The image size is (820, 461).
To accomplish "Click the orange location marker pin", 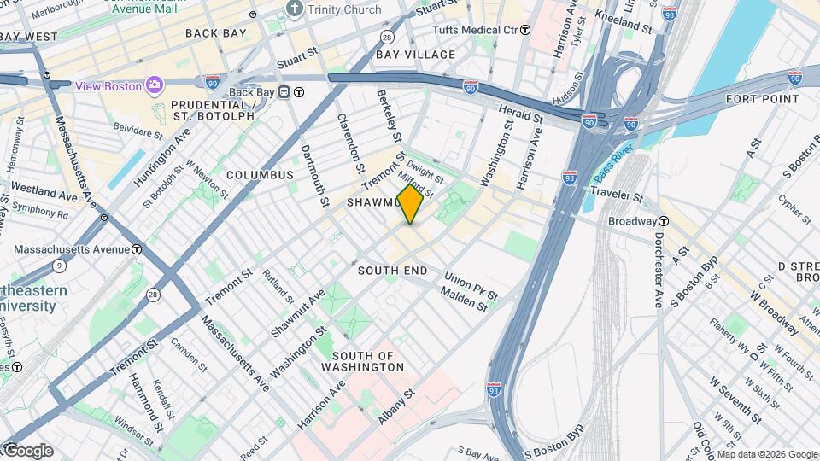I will pos(410,204).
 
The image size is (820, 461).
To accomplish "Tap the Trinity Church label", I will pos(344,9).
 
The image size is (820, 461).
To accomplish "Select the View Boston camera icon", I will pos(154,85).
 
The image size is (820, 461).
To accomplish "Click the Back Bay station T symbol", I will pos(300,92).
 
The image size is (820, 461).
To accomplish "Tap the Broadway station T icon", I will pos(663,221).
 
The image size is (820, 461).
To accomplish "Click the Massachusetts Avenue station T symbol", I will pos(137,249).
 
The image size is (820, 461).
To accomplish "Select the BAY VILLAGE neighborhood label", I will pos(416,55).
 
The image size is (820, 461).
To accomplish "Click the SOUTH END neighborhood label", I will pos(392,270).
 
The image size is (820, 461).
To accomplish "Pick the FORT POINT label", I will pos(762,99).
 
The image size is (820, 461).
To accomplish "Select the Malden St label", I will pos(464,300).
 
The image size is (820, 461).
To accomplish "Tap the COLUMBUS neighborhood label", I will pos(260,175).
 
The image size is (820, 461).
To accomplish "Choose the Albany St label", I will pos(396,403).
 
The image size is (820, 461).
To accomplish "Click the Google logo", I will pos(27,450).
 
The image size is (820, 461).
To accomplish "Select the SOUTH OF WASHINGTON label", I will pos(367,361).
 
